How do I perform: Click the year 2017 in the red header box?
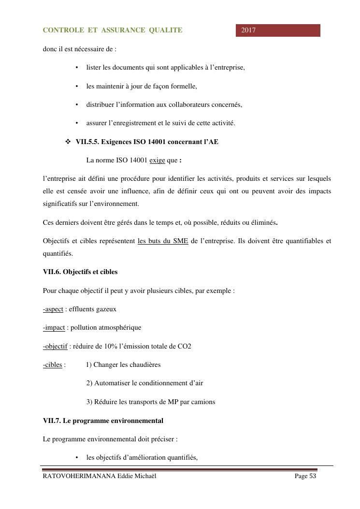point(248,30)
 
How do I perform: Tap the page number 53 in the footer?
point(312,476)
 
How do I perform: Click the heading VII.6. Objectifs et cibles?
point(80,272)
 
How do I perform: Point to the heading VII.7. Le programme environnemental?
point(103,421)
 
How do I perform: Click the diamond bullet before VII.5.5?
point(68,142)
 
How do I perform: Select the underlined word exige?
point(157,160)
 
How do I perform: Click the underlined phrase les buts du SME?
point(163,241)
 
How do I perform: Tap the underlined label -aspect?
point(53,309)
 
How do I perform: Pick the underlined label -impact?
point(54,327)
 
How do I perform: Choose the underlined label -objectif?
point(55,346)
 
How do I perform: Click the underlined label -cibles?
point(53,364)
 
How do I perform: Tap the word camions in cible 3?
point(204,402)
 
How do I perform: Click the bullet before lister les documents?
point(77,68)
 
